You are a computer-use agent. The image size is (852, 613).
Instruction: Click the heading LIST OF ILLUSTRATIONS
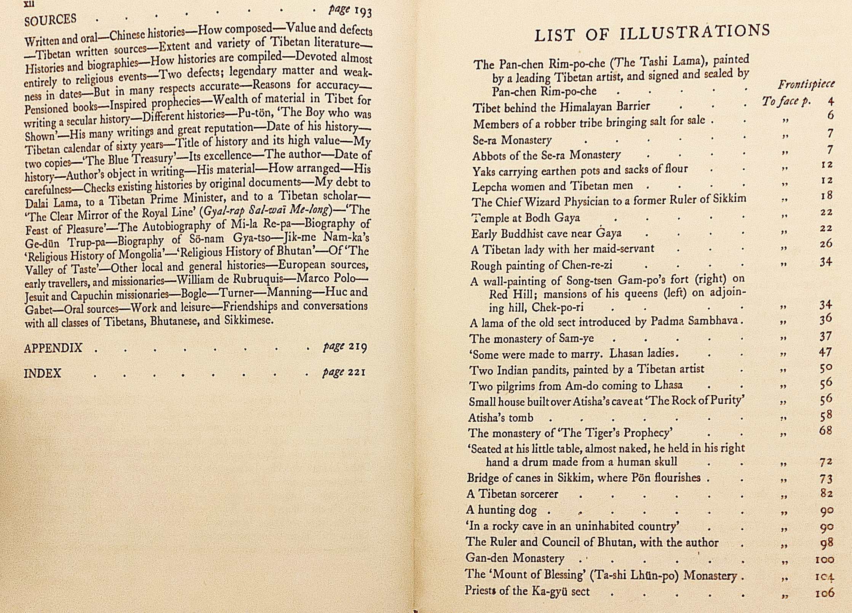pos(652,32)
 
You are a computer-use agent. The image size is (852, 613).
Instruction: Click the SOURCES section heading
pos(50,20)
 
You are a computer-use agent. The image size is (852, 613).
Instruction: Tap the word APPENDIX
pos(53,348)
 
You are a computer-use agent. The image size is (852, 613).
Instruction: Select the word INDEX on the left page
pos(42,373)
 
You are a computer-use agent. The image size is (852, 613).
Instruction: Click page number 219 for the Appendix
pos(357,347)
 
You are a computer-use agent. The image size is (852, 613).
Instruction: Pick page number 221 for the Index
pos(356,372)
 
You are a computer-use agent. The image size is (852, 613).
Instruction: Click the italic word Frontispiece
pos(806,84)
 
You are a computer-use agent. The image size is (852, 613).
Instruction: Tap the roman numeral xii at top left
pos(29,4)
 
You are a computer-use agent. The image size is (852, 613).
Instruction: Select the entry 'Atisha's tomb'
pos(500,418)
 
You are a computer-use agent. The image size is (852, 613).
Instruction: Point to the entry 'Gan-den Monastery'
pos(515,558)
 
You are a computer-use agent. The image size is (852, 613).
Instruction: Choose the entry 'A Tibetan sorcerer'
pos(512,494)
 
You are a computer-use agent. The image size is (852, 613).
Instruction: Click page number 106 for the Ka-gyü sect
pos(824,593)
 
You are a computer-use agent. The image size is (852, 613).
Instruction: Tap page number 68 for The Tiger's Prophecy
pos(825,431)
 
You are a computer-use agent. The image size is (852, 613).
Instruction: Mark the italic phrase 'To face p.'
pos(786,101)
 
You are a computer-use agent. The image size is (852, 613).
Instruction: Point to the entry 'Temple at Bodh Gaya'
pos(526,218)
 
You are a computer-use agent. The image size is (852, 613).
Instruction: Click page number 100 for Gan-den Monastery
pos(825,560)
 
